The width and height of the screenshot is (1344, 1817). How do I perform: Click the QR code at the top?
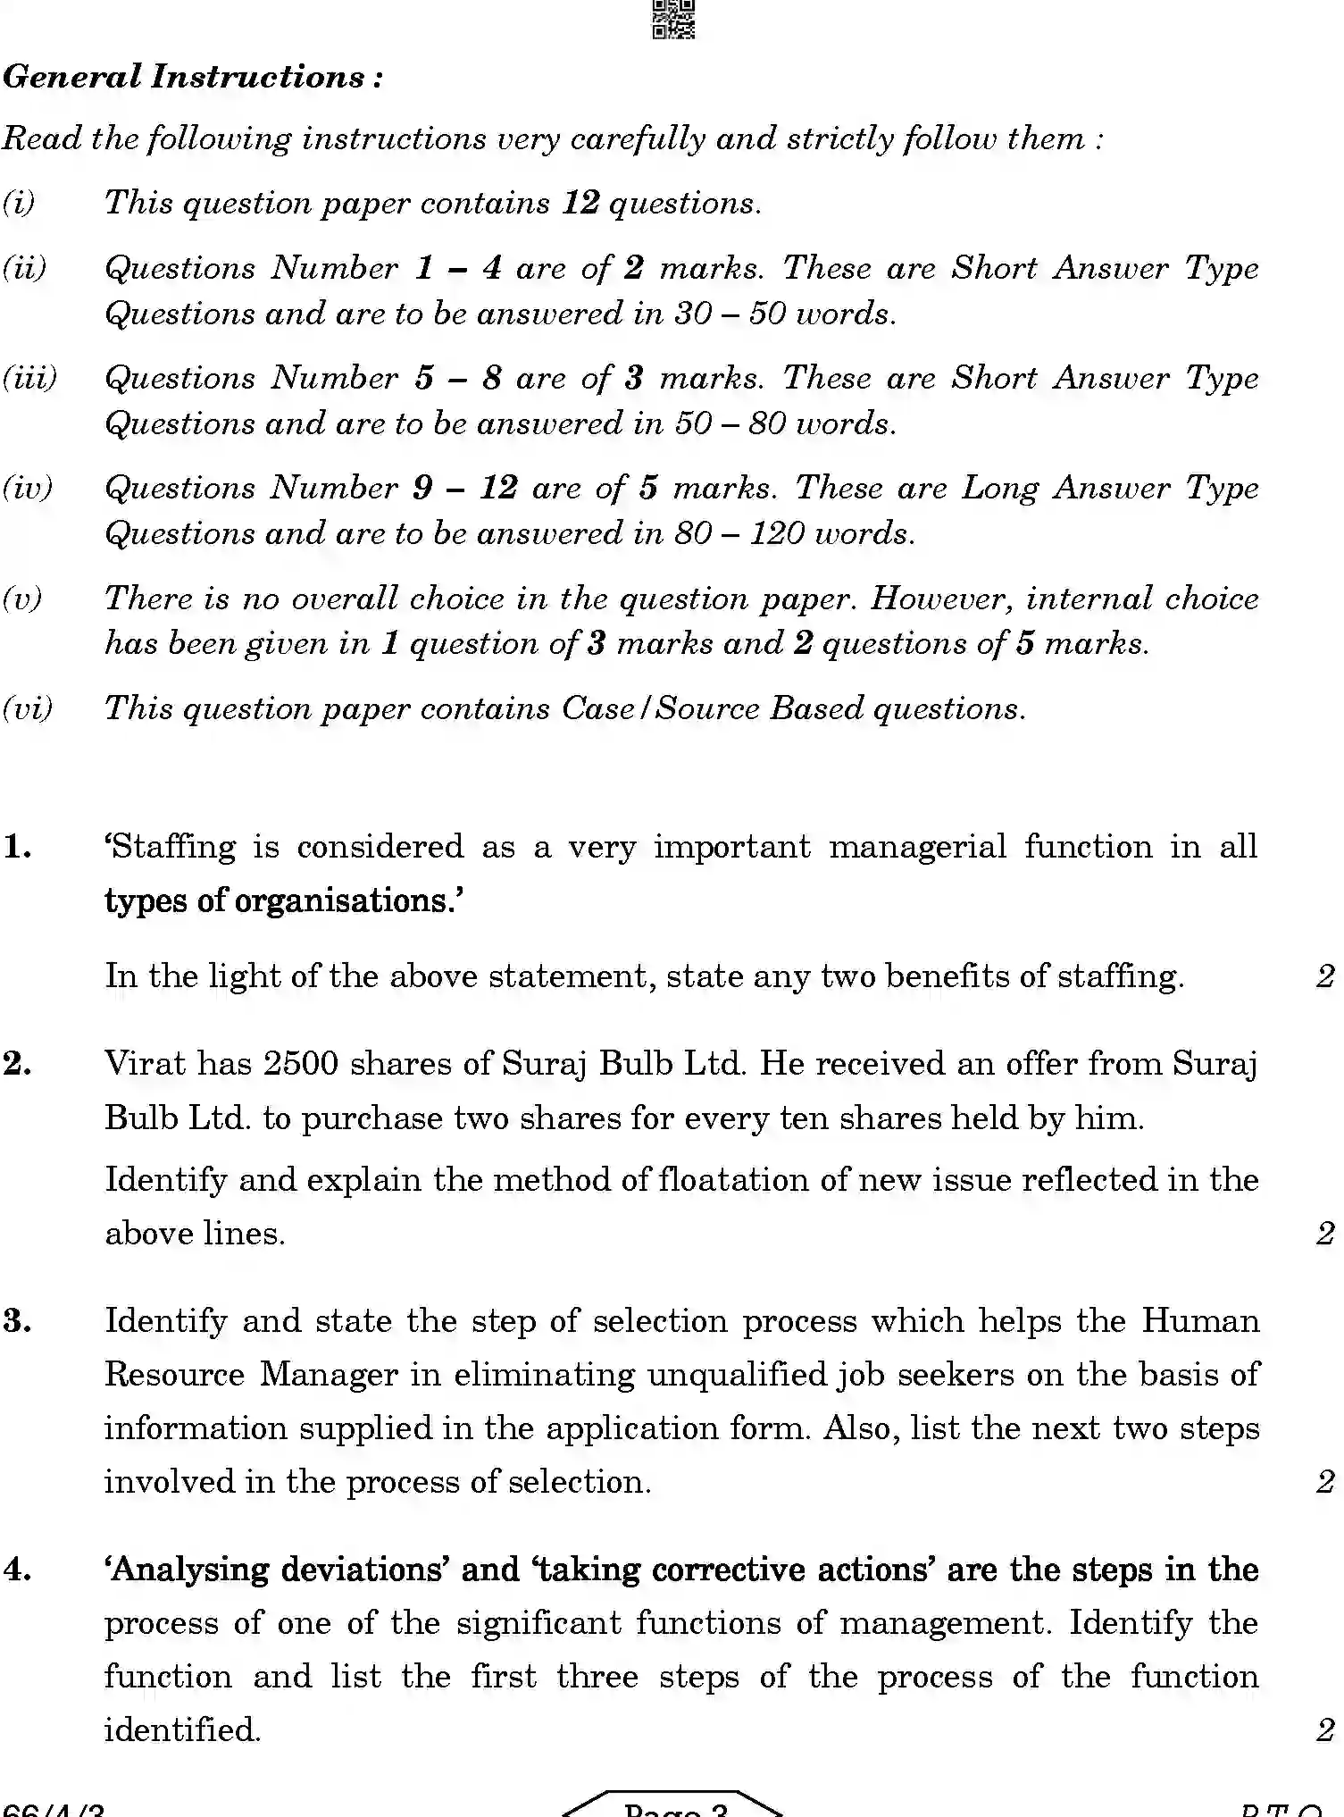[673, 19]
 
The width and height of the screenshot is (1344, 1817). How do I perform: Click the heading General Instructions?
[192, 77]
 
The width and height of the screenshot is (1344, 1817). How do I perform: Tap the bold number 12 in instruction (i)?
[580, 203]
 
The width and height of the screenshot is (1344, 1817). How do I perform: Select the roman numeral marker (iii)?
[29, 378]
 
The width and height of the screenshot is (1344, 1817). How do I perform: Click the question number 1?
[18, 846]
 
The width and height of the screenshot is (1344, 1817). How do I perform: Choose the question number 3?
[18, 1320]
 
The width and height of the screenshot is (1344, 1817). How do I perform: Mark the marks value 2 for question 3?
[1325, 1481]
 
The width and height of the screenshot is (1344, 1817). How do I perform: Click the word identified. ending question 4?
[182, 1730]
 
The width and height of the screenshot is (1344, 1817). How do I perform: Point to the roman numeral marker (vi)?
[28, 708]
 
